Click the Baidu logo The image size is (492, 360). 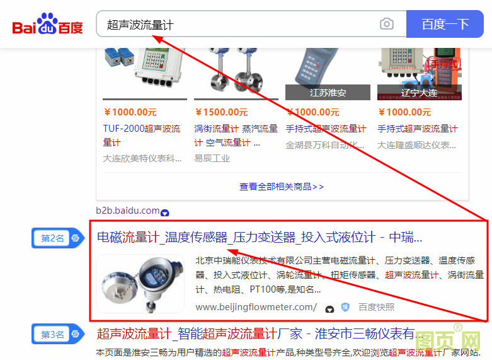(x=47, y=25)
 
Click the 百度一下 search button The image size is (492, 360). (x=445, y=25)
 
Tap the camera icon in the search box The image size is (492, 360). (x=386, y=25)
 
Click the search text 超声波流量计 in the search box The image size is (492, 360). (x=140, y=25)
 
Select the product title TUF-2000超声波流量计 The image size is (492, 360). (x=141, y=136)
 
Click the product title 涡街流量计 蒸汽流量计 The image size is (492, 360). (x=236, y=129)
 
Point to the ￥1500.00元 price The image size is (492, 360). (x=221, y=112)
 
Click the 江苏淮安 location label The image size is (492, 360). (x=328, y=93)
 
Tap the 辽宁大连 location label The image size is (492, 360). (x=419, y=93)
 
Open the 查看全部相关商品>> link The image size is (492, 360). (x=282, y=187)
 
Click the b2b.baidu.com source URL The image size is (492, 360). (x=128, y=211)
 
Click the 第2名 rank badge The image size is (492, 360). (x=53, y=238)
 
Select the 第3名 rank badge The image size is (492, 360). (x=53, y=335)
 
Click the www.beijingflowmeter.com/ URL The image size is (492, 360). (x=256, y=307)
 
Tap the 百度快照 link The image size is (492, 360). (x=376, y=307)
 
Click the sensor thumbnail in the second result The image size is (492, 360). (x=140, y=284)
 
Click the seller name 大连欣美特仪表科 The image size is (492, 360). (x=142, y=158)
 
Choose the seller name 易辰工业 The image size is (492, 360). (x=212, y=158)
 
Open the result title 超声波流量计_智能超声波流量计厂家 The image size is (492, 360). (x=255, y=334)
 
